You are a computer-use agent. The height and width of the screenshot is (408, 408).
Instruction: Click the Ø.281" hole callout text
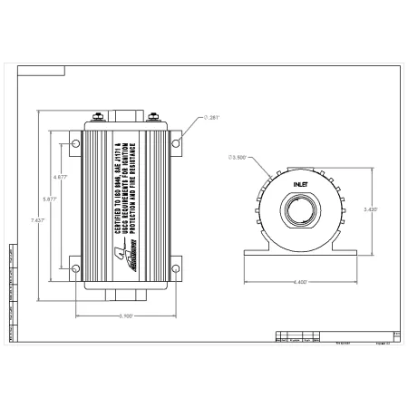point(213,117)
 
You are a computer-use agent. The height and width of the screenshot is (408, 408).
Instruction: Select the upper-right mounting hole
point(177,141)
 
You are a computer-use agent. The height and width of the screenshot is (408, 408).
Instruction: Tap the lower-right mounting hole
point(177,265)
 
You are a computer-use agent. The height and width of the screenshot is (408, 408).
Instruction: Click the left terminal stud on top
point(98,117)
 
